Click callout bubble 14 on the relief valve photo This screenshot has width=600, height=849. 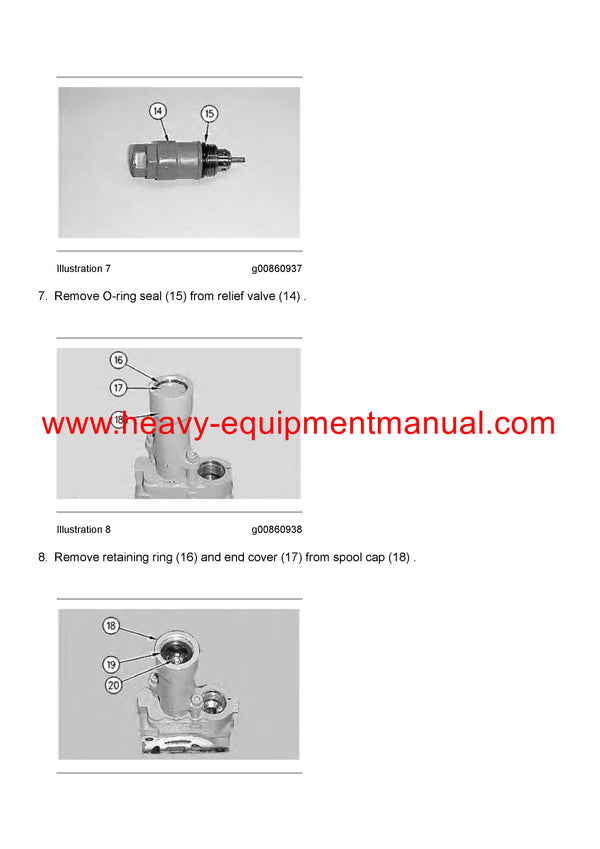click(158, 110)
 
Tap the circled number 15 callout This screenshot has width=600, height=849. click(209, 113)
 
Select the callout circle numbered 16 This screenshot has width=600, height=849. click(118, 360)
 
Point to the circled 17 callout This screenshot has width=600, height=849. click(118, 387)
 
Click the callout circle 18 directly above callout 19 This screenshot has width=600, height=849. click(111, 626)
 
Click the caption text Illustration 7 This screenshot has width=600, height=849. click(84, 269)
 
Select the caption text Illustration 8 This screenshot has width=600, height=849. click(84, 530)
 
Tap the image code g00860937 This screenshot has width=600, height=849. click(276, 269)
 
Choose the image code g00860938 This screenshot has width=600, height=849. click(276, 530)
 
